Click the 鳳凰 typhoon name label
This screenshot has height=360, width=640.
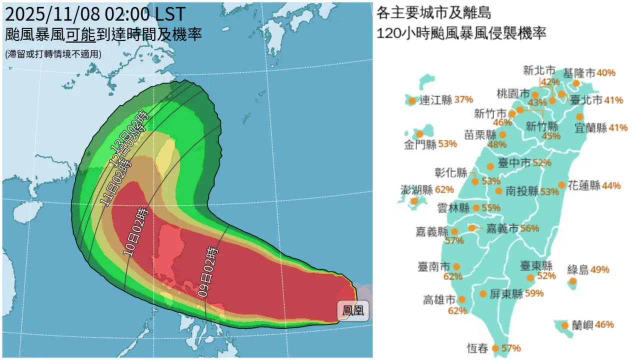pyautogui.click(x=352, y=310)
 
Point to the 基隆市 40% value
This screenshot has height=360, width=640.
pyautogui.click(x=606, y=73)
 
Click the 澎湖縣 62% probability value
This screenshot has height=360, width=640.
pyautogui.click(x=444, y=189)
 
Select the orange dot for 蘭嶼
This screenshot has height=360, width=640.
pyautogui.click(x=565, y=325)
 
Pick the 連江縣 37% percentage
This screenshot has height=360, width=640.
pyautogui.click(x=463, y=99)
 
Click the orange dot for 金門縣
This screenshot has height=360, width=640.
pyautogui.click(x=419, y=134)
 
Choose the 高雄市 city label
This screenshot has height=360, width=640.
pyautogui.click(x=439, y=300)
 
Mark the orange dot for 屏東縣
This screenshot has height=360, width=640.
pyautogui.click(x=483, y=294)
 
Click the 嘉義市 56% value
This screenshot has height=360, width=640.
pyautogui.click(x=529, y=228)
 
